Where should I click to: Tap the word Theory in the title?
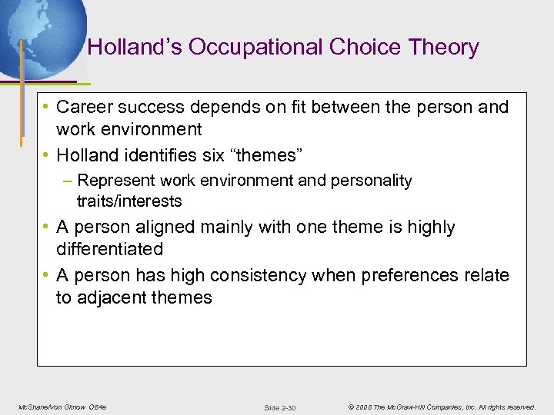445,48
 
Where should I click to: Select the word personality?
372,181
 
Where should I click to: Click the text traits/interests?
129,201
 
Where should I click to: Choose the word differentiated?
109,249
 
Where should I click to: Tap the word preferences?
405,275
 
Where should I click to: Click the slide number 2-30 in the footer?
279,407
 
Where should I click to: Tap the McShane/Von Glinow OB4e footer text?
62,407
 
